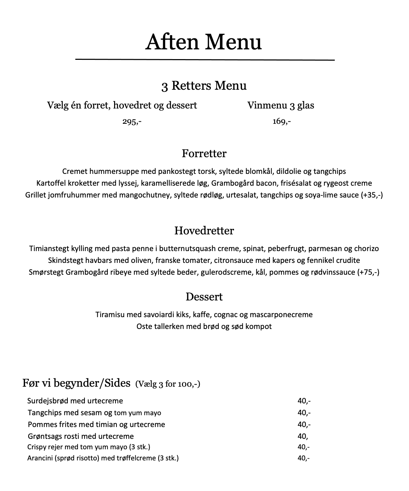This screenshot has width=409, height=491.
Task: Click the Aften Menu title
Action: tap(203, 42)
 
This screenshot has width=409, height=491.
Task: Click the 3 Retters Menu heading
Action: tap(204, 86)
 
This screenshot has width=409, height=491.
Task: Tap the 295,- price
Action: tap(132, 122)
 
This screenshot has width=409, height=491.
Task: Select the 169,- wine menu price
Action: tap(282, 122)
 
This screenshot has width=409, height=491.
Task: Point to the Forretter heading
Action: tap(204, 153)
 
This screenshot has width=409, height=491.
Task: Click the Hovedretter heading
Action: tap(204, 231)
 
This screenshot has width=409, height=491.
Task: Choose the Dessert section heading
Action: tap(204, 297)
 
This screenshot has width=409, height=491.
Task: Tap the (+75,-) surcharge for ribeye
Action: tap(368, 272)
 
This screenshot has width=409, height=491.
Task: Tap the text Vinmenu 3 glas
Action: tap(281, 105)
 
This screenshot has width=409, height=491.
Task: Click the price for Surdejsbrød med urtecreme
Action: tap(304, 401)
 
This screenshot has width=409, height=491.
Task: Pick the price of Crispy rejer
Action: tap(304, 447)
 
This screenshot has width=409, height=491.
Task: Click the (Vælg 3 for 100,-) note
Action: tap(168, 384)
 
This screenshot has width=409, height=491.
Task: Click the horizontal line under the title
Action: tap(205, 60)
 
